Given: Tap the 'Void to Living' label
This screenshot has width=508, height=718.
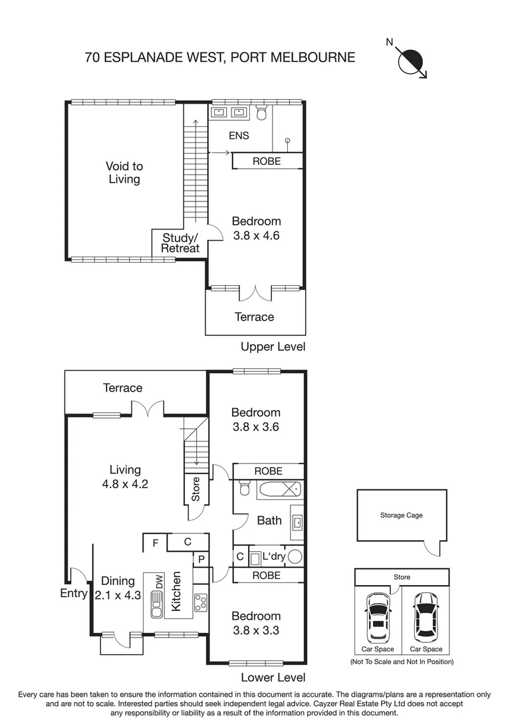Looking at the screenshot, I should pos(124,173).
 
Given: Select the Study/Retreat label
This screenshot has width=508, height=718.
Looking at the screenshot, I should pos(180,243).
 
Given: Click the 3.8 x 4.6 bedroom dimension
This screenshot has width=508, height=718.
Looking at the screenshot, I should pos(256,235).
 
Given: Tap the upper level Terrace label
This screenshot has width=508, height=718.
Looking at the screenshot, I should pos(254,317).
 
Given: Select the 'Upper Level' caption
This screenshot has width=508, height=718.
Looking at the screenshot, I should pos(273,346).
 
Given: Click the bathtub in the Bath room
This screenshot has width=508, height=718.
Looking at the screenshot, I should pos(277,491).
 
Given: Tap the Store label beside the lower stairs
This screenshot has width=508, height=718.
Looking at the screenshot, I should pos(195,489).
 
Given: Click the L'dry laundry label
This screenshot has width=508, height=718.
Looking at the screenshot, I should pos(273,556).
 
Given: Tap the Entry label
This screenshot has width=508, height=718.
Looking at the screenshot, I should pos(73,593).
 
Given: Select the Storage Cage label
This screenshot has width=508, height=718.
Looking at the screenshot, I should pos(401,515).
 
